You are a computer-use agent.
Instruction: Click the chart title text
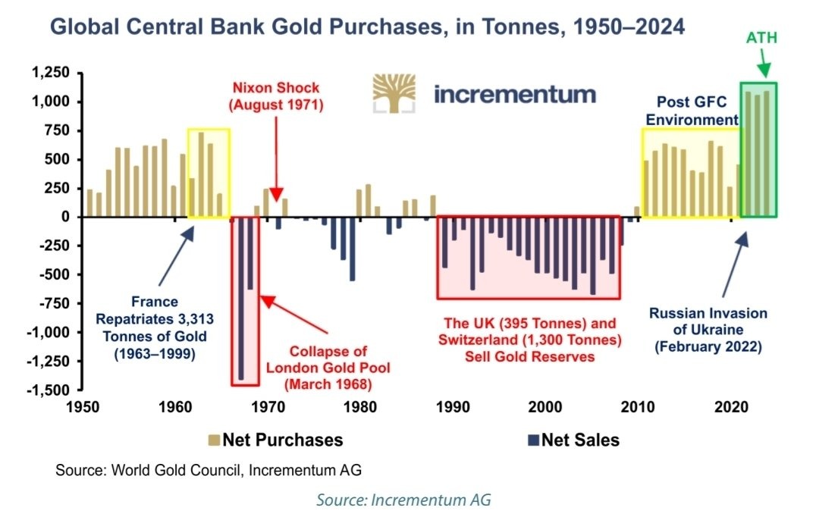(x=367, y=28)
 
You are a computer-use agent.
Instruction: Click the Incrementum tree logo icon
(x=394, y=93)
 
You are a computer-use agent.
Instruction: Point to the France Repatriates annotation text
(x=155, y=327)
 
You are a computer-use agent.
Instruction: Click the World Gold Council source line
(x=209, y=470)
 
